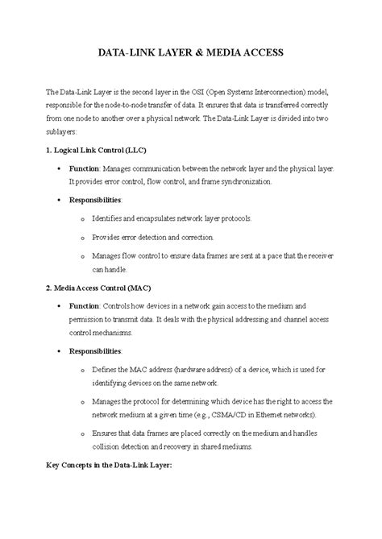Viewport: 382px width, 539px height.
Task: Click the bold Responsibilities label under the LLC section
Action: [x=95, y=198]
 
